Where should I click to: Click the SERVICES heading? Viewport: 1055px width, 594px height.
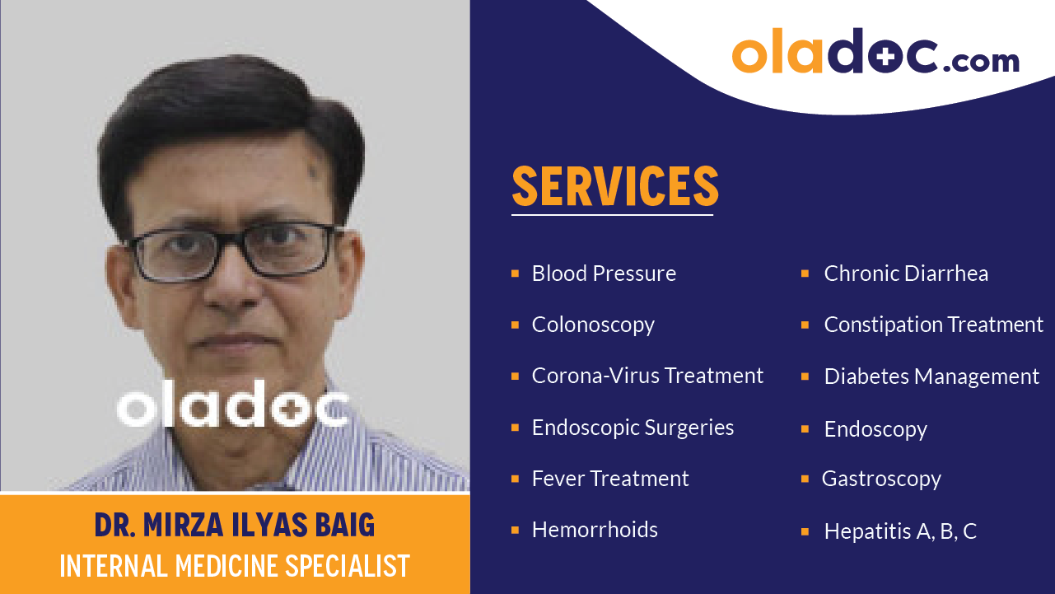point(615,186)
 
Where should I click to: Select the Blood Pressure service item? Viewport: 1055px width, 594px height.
point(604,274)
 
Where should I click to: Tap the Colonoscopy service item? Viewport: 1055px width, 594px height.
point(593,325)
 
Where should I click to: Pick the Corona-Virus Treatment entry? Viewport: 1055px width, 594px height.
point(647,376)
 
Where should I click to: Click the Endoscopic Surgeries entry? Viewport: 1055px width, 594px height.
point(633,428)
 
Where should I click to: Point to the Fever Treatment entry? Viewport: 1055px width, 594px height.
point(610,479)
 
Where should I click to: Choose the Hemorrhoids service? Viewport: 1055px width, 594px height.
point(595,530)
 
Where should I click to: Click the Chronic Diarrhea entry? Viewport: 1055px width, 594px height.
point(906,274)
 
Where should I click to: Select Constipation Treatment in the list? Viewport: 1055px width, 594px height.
point(933,325)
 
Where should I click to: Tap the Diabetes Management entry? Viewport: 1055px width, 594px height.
point(931,377)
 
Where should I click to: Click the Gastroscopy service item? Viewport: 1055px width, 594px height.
point(881,479)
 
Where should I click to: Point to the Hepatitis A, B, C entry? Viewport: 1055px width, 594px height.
point(900,531)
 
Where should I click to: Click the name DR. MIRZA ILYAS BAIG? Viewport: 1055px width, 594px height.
point(235,525)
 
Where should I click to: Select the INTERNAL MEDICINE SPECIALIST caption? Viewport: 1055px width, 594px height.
point(235,566)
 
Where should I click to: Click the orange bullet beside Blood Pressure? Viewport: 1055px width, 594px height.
point(515,274)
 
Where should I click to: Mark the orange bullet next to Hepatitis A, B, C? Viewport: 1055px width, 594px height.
point(805,531)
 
